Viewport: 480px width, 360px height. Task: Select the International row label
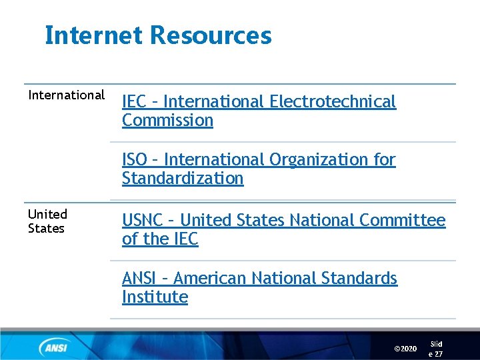pyautogui.click(x=67, y=95)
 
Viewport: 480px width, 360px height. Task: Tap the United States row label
pyautogui.click(x=47, y=221)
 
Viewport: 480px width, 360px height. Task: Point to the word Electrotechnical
pyautogui.click(x=333, y=101)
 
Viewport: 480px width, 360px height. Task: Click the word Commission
pyautogui.click(x=167, y=121)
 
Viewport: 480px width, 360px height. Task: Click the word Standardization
pyautogui.click(x=183, y=179)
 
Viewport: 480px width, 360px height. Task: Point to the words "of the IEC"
pyautogui.click(x=160, y=239)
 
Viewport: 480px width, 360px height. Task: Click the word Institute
pyautogui.click(x=155, y=297)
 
